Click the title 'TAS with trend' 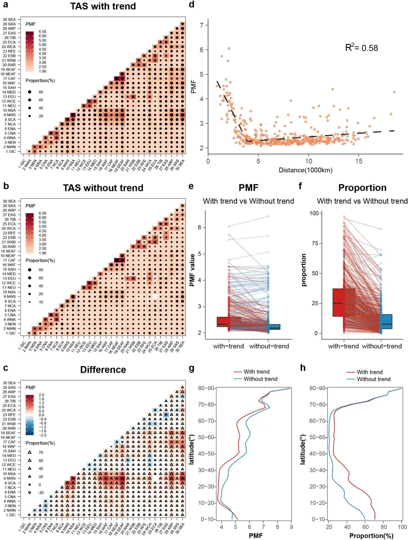coord(103,6)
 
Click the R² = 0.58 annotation coord(362,48)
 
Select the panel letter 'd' coord(192,5)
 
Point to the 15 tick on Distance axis coord(359,161)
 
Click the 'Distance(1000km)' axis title coord(305,170)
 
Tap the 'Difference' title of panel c coord(103,370)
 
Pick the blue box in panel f coord(386,322)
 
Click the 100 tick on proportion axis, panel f coord(314,213)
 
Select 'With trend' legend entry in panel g coord(257,372)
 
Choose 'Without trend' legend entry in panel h coord(373,379)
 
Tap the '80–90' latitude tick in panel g coord(206,388)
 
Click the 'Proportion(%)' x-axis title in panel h coord(371,536)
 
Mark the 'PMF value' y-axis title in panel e coord(192,270)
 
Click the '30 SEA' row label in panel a coord(9,19)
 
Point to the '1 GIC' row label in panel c coord(11,515)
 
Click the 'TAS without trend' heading coord(103,188)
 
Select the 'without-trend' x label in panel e coord(269,346)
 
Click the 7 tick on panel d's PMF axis coord(202,25)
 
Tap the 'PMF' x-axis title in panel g coord(256,536)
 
